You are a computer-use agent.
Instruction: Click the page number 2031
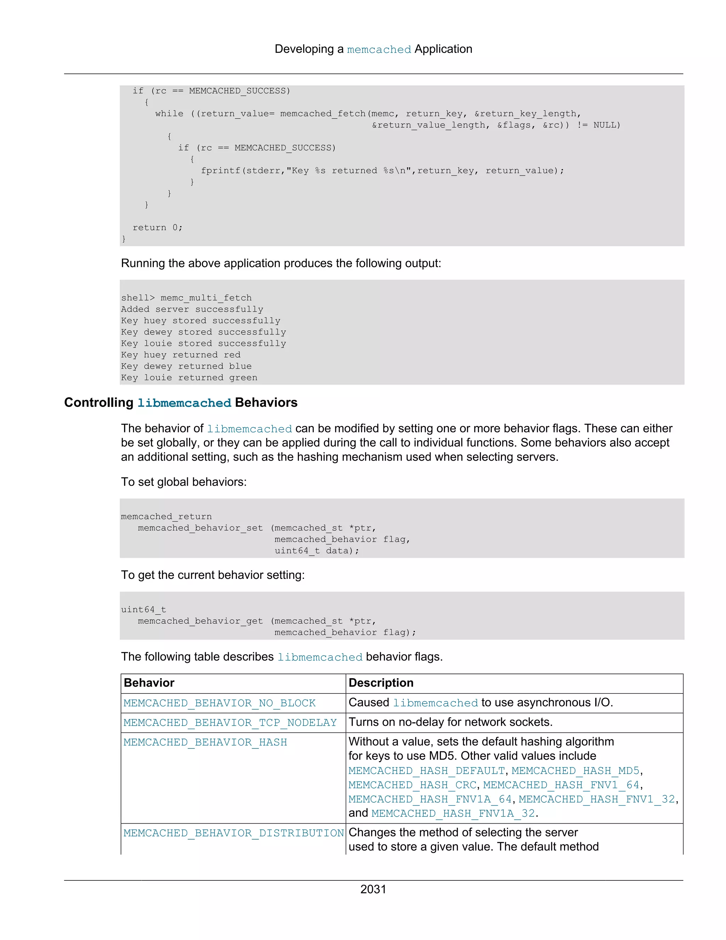coord(373,889)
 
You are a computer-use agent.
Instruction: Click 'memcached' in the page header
coord(379,50)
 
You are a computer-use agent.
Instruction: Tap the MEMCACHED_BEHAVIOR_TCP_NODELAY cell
coord(230,723)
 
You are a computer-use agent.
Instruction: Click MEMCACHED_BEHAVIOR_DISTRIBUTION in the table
coord(233,833)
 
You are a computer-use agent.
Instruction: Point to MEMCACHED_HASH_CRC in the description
coord(412,785)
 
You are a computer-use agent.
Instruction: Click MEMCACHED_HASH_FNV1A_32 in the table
coord(453,813)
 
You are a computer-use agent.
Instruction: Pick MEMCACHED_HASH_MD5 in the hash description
coord(575,771)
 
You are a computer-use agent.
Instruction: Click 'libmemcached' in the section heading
coord(184,403)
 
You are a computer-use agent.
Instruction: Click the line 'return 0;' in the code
coord(157,227)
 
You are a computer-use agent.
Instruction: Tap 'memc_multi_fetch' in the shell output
coord(206,298)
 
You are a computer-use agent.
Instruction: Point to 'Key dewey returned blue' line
coord(186,366)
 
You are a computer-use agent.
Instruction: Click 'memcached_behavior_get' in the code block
coord(200,621)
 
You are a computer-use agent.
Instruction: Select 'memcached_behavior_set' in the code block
coord(200,528)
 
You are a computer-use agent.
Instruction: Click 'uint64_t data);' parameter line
coord(317,551)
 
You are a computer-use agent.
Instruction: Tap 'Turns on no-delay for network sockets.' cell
coord(450,722)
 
